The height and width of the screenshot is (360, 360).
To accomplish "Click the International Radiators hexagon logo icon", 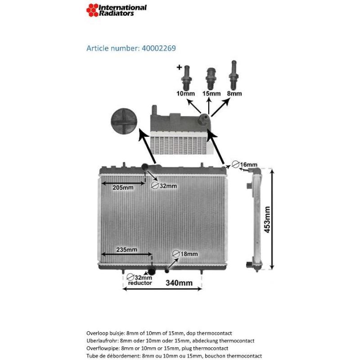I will coord(93,10).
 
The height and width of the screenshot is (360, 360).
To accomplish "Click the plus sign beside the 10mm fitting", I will coord(179,67).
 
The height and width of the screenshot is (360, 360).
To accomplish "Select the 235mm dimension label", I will coord(126,250).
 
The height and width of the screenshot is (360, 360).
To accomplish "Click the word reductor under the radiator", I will coord(139,283).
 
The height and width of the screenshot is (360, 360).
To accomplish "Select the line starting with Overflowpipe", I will coord(157,348).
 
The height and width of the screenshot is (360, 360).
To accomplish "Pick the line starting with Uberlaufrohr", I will coord(170,341).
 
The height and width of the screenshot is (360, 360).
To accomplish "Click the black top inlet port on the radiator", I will coord(145,167).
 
